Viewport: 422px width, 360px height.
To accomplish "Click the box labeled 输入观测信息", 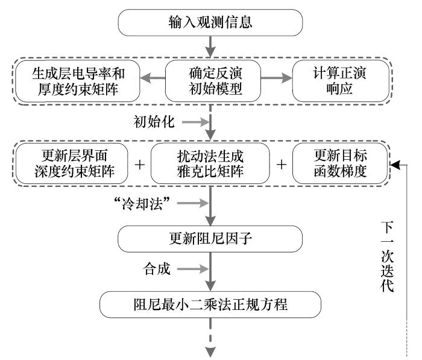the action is [210, 23].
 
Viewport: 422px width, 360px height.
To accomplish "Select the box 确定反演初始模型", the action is [213, 81].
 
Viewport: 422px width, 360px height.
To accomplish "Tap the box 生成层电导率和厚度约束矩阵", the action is [78, 81].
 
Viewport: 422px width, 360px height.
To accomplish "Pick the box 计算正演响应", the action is [341, 81].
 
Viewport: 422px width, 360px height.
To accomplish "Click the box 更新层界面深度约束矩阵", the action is [72, 163].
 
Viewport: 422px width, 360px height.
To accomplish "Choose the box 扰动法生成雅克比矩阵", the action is [210, 163].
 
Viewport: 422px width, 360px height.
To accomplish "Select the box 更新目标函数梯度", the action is [340, 163].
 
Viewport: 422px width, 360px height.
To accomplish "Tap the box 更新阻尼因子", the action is [210, 239].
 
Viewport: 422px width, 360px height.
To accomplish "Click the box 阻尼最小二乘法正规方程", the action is [210, 305].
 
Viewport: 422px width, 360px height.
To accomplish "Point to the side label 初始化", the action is [154, 122].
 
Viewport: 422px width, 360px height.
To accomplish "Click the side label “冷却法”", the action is [142, 203].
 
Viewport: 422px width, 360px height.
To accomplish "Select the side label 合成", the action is [157, 269].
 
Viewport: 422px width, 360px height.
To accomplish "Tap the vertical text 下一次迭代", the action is [387, 257].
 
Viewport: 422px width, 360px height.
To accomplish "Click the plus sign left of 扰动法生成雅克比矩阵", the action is [140, 164].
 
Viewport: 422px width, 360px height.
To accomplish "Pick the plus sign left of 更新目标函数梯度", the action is [282, 164].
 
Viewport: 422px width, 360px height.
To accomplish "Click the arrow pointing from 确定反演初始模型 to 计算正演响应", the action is [277, 78].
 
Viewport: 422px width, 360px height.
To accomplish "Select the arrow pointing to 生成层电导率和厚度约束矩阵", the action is [153, 78].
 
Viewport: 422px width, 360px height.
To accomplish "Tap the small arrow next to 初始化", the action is [196, 122].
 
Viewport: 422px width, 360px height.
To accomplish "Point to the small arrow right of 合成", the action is [193, 269].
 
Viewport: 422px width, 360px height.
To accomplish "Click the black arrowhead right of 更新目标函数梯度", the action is [395, 165].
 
